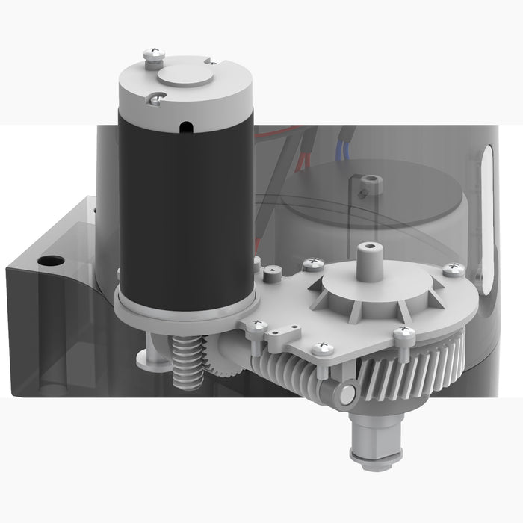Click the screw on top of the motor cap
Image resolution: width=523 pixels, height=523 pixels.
(x=152, y=55)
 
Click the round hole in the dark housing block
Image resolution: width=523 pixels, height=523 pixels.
(x=52, y=261)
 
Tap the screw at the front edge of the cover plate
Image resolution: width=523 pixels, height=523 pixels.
(x=323, y=347)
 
